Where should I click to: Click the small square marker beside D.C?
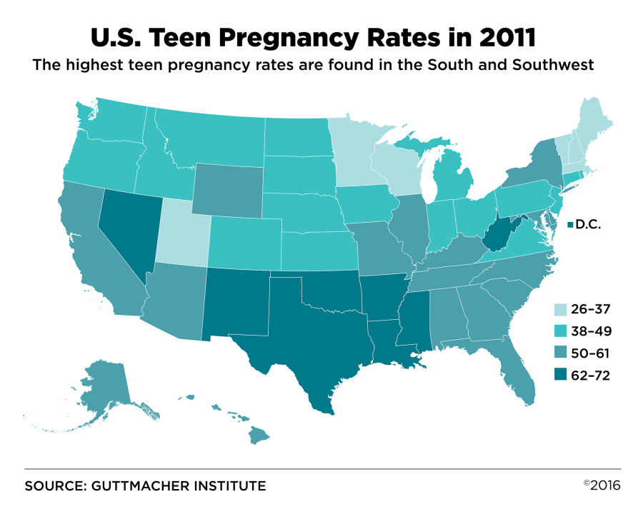coord(569,226)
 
